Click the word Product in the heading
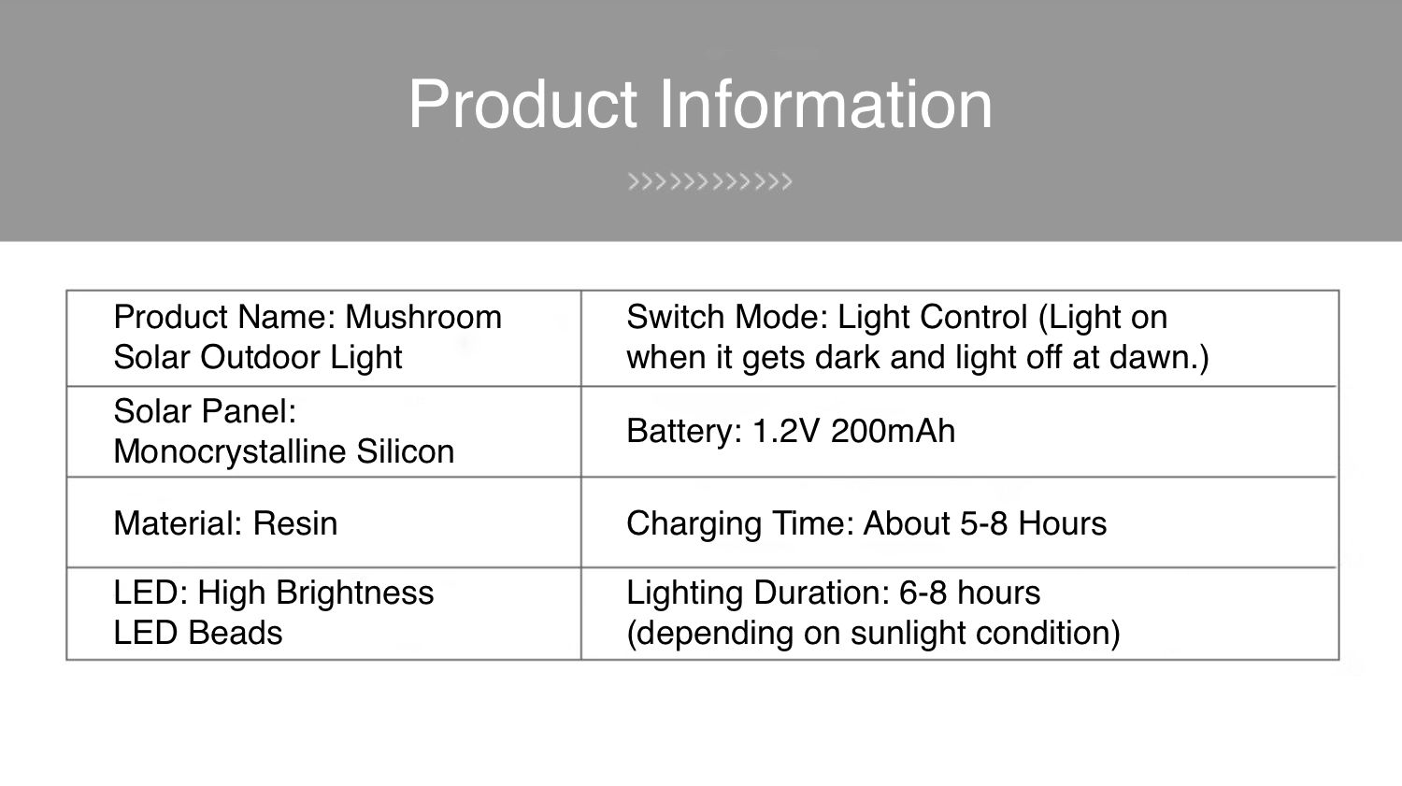[523, 104]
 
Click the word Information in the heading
[826, 104]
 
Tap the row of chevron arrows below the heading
[709, 181]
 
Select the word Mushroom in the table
[423, 317]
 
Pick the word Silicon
[406, 451]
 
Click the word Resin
[294, 523]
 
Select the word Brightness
[354, 593]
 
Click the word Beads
[236, 633]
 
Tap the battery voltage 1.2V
[785, 431]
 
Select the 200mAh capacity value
[894, 431]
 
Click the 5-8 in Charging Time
[984, 523]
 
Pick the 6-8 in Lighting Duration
[923, 593]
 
